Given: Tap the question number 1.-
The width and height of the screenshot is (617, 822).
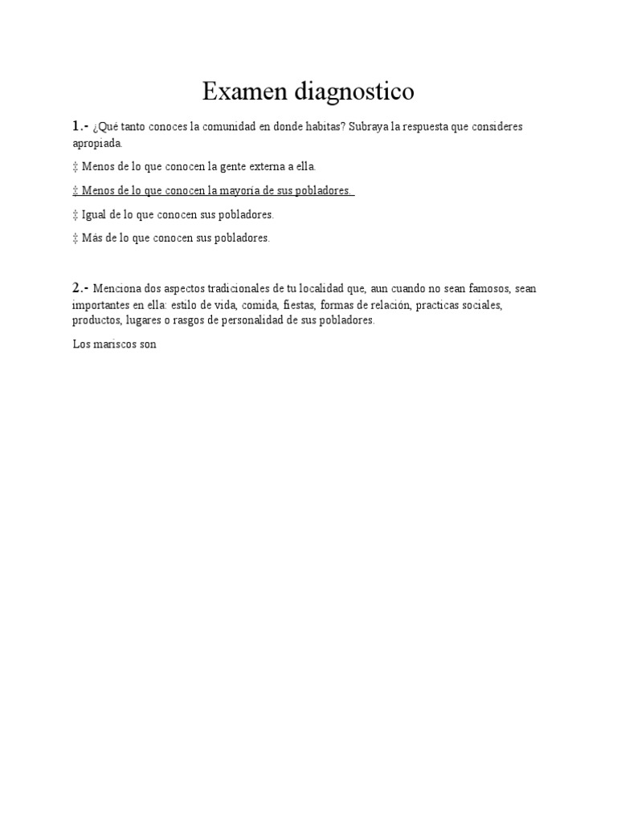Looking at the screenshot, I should click(x=80, y=127).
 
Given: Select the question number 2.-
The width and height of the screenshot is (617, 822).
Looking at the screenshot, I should click(x=80, y=288).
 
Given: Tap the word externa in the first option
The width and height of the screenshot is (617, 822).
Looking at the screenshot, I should click(x=265, y=166).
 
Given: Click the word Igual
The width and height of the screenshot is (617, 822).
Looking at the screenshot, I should click(x=95, y=214).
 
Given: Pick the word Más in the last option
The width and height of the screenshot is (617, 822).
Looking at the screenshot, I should click(x=92, y=238).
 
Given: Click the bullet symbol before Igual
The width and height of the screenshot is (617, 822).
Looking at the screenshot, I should click(x=76, y=214).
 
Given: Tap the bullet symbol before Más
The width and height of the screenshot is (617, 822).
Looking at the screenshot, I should click(x=76, y=238).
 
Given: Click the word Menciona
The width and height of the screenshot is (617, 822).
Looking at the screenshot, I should click(x=118, y=289).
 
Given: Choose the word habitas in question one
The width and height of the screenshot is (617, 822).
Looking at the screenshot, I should click(x=323, y=128).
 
